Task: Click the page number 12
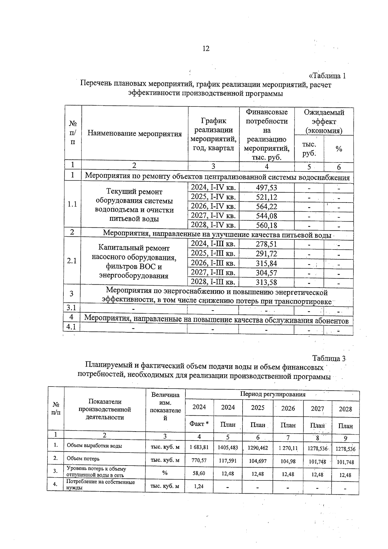pyautogui.click(x=206, y=49)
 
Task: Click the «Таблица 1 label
pyautogui.click(x=328, y=76)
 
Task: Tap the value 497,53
pyautogui.click(x=266, y=188)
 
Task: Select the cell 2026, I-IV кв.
pyautogui.click(x=213, y=206)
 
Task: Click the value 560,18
pyautogui.click(x=266, y=225)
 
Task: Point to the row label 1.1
pyautogui.click(x=72, y=204)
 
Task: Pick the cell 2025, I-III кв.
pyautogui.click(x=213, y=253)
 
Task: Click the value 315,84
pyautogui.click(x=266, y=263)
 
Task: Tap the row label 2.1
pyautogui.click(x=72, y=261)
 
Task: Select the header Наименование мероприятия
pyautogui.click(x=135, y=134)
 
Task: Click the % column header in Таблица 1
pyautogui.click(x=339, y=149)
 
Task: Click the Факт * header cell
pyautogui.click(x=199, y=424)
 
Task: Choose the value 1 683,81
pyautogui.click(x=199, y=447)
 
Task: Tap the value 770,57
pyautogui.click(x=199, y=460)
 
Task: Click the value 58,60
pyautogui.click(x=199, y=473)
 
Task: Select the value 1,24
pyautogui.click(x=199, y=486)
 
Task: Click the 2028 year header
pyautogui.click(x=345, y=409)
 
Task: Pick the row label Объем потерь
pyautogui.click(x=83, y=458)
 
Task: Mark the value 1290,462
pyautogui.click(x=258, y=448)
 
